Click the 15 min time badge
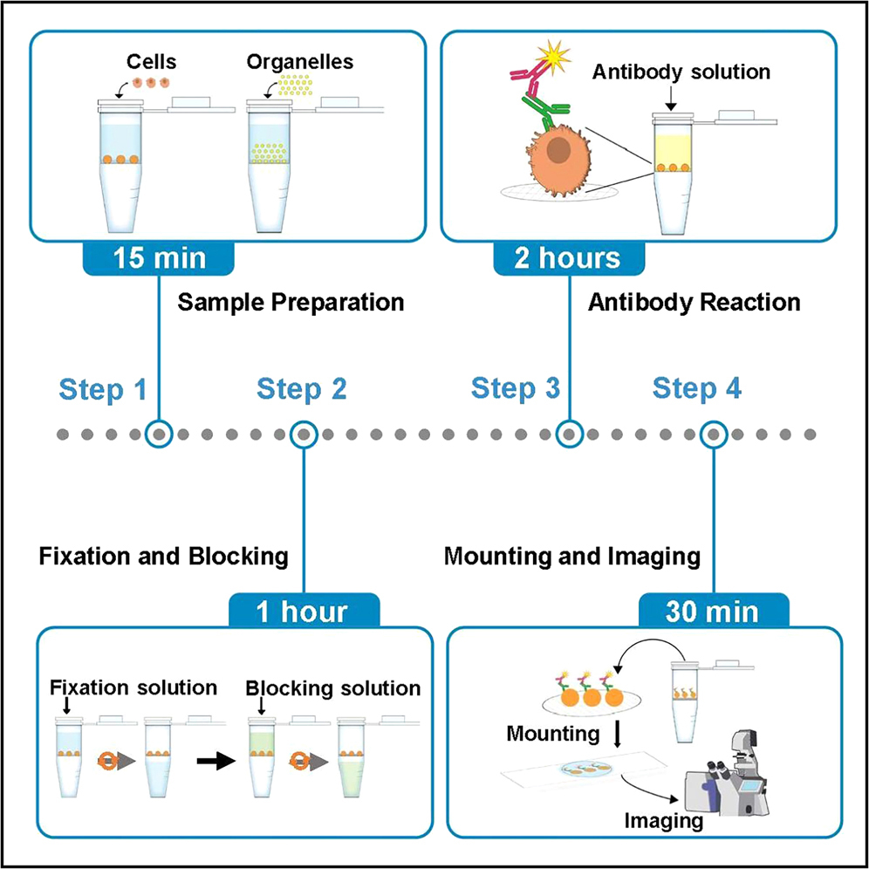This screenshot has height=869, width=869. click(158, 258)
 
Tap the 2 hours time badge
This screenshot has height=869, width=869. click(570, 258)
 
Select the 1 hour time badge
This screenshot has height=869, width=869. click(304, 611)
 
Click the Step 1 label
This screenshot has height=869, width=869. click(103, 390)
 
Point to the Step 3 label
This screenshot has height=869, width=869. click(516, 389)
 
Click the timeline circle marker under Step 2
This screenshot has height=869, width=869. click(304, 434)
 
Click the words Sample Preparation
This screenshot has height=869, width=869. click(291, 303)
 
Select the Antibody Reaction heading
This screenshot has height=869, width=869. click(695, 303)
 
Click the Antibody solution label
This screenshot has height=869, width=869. click(681, 72)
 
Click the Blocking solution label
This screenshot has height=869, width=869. click(333, 688)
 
